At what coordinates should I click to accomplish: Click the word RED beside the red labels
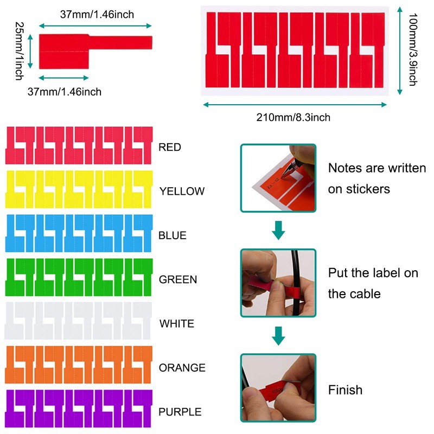(170, 147)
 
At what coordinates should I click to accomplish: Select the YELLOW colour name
(182, 192)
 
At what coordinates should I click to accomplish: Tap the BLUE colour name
(173, 235)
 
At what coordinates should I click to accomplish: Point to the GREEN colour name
(178, 279)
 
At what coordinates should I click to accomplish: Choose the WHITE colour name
(177, 323)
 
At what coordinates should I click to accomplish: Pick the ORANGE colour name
(182, 368)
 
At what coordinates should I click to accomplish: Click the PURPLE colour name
(180, 412)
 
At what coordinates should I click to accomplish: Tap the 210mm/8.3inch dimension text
(293, 117)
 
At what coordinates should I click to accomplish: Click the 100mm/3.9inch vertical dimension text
(413, 49)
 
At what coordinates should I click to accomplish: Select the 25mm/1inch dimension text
(20, 51)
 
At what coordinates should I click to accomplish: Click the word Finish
(345, 390)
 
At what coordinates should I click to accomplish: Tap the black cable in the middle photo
(296, 282)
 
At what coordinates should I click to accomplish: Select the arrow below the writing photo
(278, 230)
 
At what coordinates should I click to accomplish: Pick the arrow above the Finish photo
(278, 336)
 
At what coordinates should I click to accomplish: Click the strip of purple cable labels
(79, 409)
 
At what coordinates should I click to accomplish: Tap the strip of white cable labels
(78, 321)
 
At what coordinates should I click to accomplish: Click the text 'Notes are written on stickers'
(377, 178)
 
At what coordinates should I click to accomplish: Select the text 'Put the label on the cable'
(373, 283)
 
